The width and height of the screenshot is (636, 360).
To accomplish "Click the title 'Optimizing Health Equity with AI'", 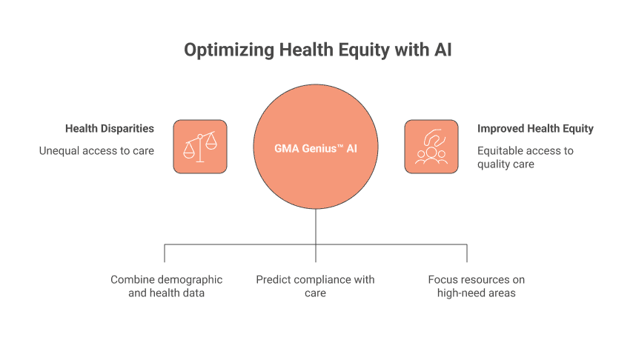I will (318, 50).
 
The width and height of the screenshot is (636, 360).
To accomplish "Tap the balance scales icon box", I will (199, 147).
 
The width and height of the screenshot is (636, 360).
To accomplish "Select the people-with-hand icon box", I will (431, 147).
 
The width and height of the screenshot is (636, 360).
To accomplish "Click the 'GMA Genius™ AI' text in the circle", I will (316, 148).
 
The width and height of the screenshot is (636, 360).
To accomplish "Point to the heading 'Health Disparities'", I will (110, 129).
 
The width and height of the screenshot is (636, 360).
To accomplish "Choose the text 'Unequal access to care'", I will (96, 151).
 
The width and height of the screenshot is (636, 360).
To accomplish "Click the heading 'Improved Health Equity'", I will (535, 129).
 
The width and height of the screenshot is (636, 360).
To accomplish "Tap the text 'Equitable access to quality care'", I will (525, 157).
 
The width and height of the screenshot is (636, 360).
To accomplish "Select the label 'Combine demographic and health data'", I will (166, 286).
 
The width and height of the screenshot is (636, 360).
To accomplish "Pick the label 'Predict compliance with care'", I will (315, 286).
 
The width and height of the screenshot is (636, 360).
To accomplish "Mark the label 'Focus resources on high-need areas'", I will (476, 286).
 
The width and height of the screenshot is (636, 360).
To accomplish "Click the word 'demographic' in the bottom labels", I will (189, 280).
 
